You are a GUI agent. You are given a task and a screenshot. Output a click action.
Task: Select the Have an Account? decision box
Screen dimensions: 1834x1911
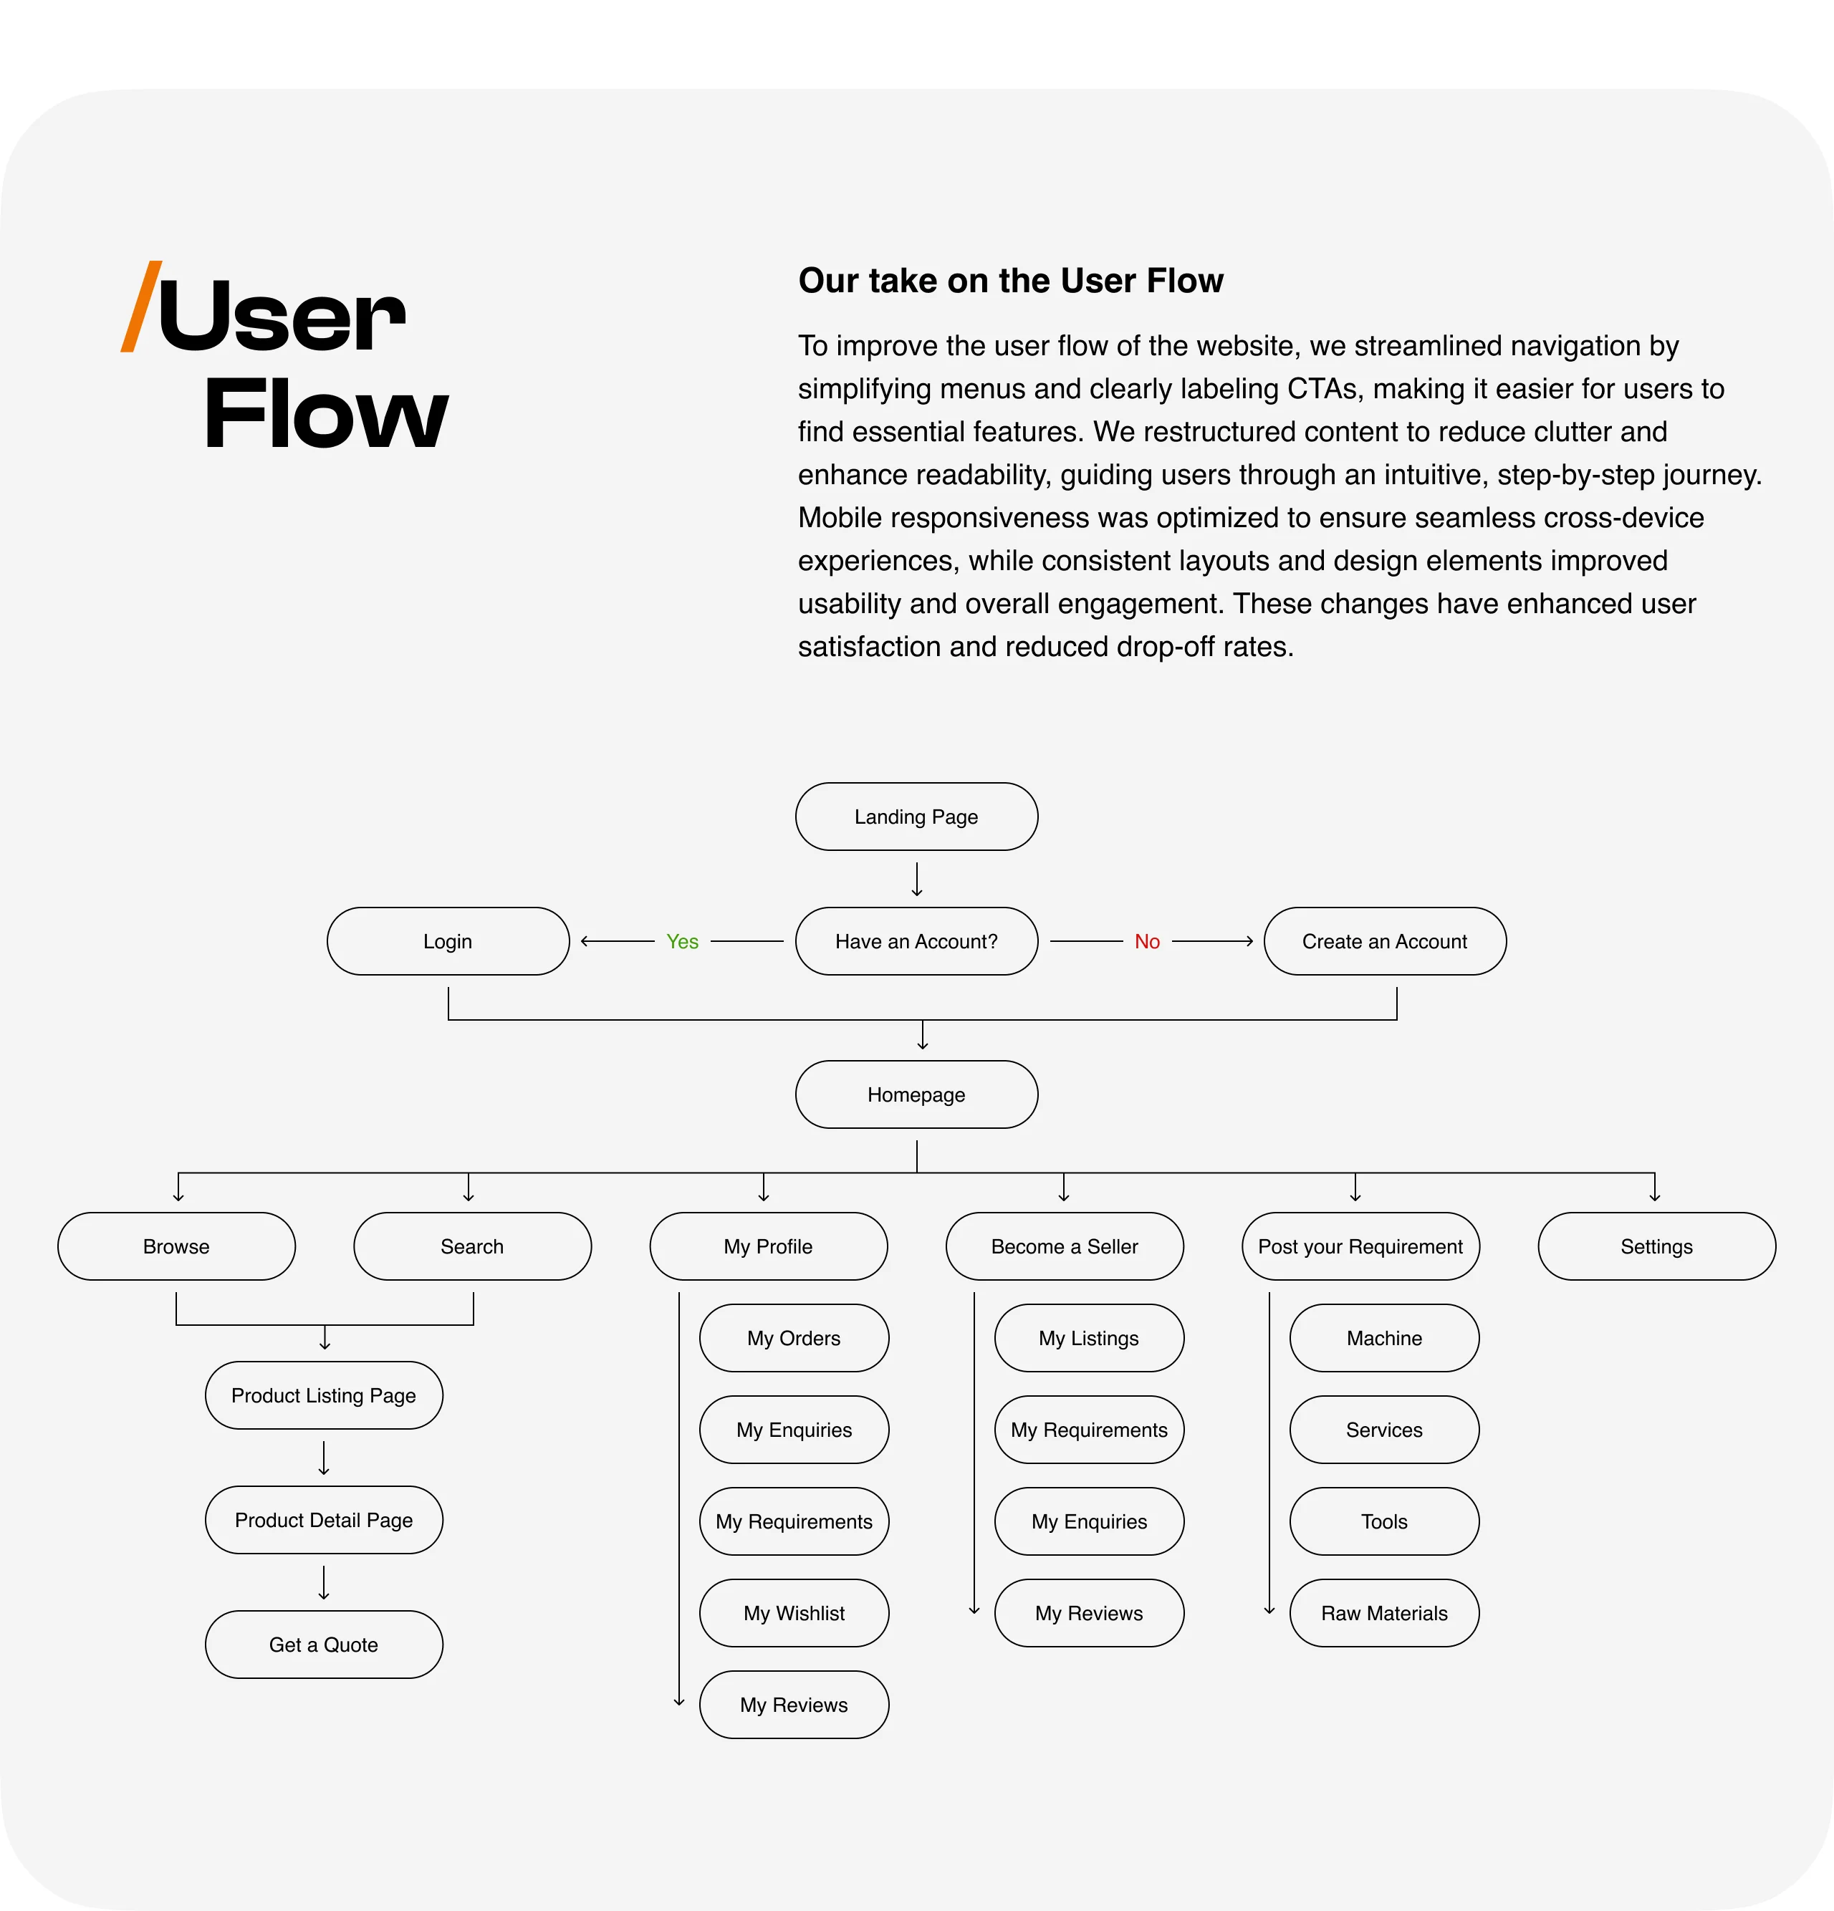click(916, 942)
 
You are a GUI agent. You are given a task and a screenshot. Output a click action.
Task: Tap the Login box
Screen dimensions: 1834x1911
click(448, 942)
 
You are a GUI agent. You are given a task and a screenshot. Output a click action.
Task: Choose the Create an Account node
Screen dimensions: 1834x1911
click(1385, 942)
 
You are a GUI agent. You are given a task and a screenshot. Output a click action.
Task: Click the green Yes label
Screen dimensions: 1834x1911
click(683, 942)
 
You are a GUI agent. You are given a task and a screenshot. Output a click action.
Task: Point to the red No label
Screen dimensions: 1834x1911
click(1147, 942)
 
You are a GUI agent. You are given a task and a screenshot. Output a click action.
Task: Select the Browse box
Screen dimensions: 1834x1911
click(176, 1247)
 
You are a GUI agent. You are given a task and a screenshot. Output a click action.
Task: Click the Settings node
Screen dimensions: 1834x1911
click(1656, 1247)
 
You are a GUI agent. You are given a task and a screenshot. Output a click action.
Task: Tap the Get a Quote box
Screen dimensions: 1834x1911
click(324, 1645)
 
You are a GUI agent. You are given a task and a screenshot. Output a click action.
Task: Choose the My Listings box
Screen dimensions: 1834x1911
click(1089, 1339)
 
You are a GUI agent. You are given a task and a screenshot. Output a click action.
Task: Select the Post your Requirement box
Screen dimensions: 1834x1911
click(1360, 1247)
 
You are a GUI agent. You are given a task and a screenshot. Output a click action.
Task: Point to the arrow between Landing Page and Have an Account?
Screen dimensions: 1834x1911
click(916, 878)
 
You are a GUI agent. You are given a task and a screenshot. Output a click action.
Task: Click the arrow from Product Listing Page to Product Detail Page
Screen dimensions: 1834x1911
click(324, 1458)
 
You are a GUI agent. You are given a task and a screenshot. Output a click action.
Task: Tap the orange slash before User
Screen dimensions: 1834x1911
click(141, 306)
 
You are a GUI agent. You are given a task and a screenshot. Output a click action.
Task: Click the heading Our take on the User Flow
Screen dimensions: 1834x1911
click(1010, 281)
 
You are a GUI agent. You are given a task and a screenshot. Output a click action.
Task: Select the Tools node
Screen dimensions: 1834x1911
click(1385, 1522)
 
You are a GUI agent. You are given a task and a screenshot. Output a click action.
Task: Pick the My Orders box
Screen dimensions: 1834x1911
click(794, 1339)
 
